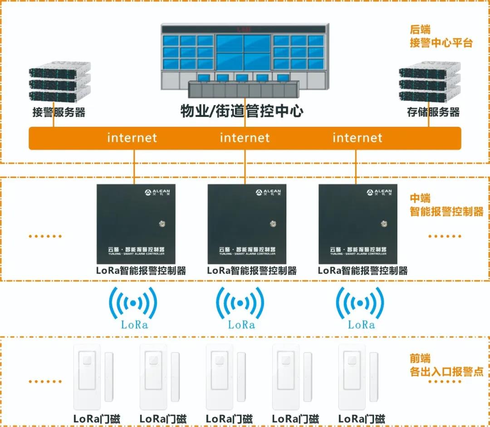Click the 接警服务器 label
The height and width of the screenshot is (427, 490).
click(59, 112)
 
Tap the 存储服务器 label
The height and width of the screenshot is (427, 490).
click(433, 112)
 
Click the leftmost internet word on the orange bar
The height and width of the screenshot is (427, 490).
click(132, 138)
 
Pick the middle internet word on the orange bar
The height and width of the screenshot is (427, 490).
click(245, 138)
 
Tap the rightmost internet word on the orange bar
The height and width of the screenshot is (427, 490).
click(358, 138)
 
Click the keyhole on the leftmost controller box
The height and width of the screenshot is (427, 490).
click(162, 223)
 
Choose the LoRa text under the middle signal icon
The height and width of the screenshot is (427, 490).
click(241, 325)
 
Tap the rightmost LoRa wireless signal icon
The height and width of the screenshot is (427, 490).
click(360, 303)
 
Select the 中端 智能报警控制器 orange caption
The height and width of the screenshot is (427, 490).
click(446, 205)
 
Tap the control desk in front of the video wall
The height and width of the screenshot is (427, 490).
click(244, 89)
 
